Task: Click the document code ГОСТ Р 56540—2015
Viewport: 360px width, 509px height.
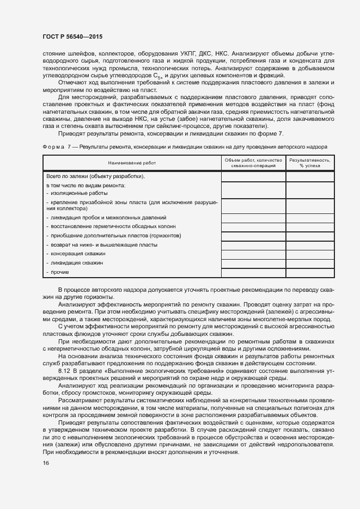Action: [x=72, y=36]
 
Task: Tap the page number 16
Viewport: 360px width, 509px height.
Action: [x=45, y=463]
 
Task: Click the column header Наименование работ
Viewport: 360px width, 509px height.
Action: [x=131, y=163]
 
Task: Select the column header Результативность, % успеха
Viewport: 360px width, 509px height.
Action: [x=310, y=163]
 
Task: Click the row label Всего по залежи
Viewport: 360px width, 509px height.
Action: [x=95, y=176]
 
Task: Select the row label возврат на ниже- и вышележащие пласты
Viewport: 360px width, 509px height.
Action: [x=102, y=245]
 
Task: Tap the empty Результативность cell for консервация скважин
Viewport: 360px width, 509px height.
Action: [x=310, y=254]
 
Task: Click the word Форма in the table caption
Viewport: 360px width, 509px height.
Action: [x=54, y=147]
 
